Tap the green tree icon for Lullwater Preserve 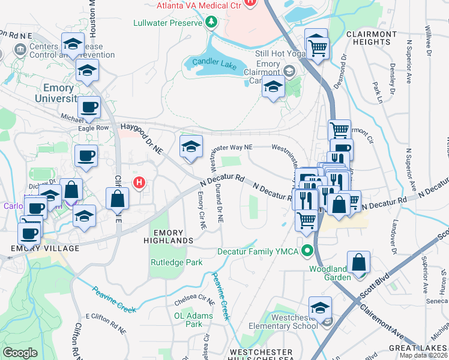[211, 23]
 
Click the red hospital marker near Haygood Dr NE [139, 182]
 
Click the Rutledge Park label [176, 262]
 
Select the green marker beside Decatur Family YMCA [308, 251]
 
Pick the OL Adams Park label [194, 319]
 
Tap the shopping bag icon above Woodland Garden [358, 262]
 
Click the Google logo [20, 352]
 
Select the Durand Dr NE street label [219, 204]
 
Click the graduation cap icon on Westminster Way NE [191, 146]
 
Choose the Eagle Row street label [88, 128]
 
